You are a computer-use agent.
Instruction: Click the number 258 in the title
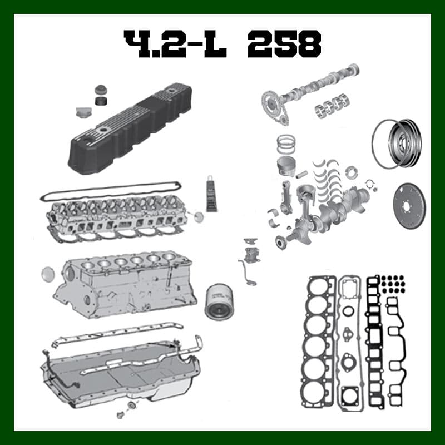coord(284,44)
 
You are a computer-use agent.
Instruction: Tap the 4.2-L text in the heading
coord(175,44)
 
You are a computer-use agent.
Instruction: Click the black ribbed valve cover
coord(130,128)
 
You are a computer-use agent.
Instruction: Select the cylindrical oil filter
coord(219,301)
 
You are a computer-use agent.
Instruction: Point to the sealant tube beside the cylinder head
coord(211,194)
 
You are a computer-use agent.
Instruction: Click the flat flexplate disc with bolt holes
coord(409,206)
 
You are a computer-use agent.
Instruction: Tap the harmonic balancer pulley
coord(405,144)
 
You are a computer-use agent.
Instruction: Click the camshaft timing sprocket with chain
coord(272,106)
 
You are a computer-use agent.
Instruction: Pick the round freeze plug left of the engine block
coord(48,274)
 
